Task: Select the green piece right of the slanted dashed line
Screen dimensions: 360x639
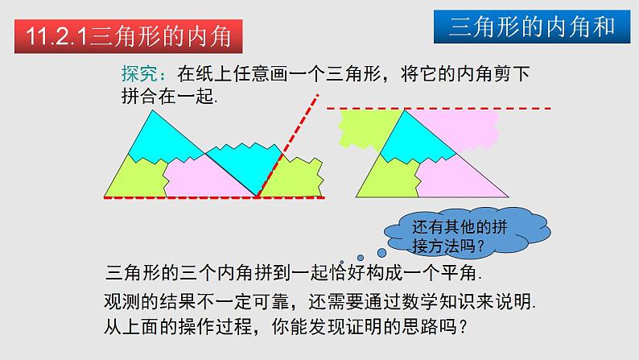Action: point(294,177)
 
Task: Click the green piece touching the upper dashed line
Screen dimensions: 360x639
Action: point(366,125)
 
